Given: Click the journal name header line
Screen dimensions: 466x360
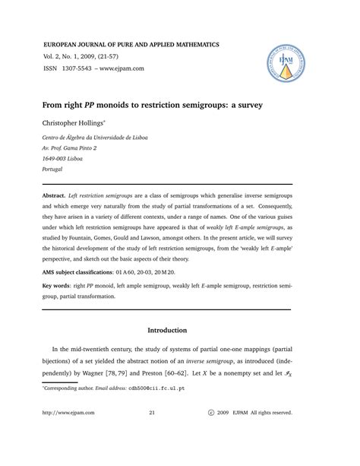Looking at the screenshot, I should click(x=131, y=46).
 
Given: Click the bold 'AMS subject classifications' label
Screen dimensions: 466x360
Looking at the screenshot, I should click(x=89, y=271).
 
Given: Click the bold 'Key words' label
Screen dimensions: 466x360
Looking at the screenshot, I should click(x=61, y=287).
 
